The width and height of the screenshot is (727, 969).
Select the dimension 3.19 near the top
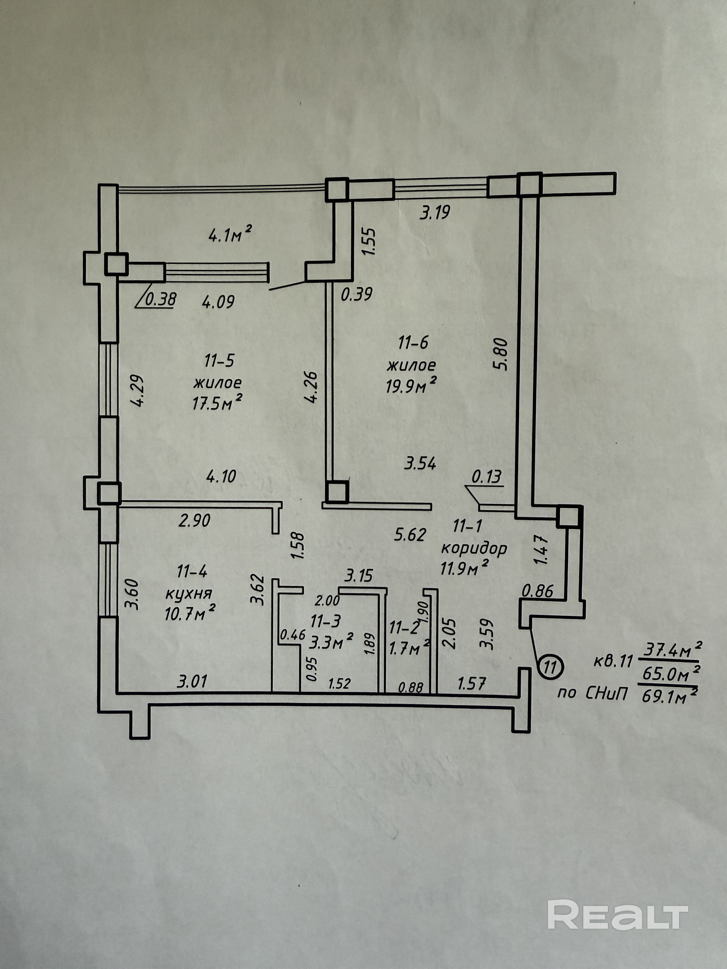(x=435, y=213)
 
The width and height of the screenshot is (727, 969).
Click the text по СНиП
(x=592, y=693)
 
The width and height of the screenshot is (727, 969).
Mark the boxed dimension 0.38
(x=160, y=299)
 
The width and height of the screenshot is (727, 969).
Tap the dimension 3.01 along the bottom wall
(x=192, y=681)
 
